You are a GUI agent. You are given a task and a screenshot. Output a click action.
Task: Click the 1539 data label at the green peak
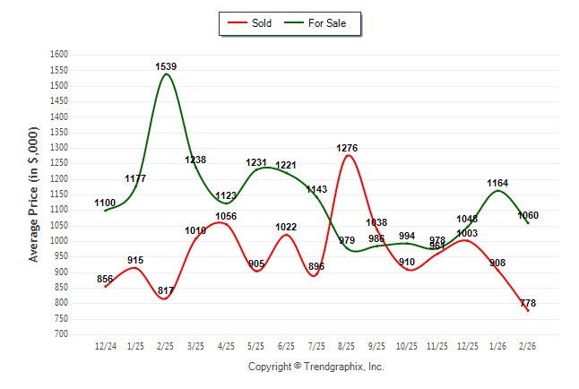[166, 66]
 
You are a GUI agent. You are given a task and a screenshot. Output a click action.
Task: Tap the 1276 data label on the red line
[348, 148]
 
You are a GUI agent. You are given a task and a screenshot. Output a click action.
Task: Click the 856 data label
[106, 279]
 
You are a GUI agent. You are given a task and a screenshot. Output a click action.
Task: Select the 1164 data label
[497, 183]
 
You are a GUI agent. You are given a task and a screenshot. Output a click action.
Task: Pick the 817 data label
[166, 290]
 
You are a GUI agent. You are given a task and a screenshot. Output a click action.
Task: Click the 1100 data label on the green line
[106, 203]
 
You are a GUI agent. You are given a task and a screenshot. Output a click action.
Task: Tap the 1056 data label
[226, 216]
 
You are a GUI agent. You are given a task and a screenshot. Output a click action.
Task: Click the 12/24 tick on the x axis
[106, 345]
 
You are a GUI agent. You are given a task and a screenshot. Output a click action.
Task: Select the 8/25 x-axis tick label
[347, 345]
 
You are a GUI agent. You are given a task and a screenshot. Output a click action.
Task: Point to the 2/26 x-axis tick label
[527, 345]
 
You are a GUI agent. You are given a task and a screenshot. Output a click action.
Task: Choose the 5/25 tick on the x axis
[256, 345]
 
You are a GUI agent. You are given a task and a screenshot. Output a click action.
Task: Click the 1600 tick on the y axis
[58, 55]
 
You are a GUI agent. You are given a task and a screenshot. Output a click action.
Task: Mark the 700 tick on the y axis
[61, 334]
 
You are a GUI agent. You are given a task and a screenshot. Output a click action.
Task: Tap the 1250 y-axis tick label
[58, 163]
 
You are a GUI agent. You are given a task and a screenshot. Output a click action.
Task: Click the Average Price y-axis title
[34, 194]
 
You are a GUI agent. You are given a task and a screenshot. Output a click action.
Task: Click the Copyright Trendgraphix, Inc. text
[315, 367]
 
